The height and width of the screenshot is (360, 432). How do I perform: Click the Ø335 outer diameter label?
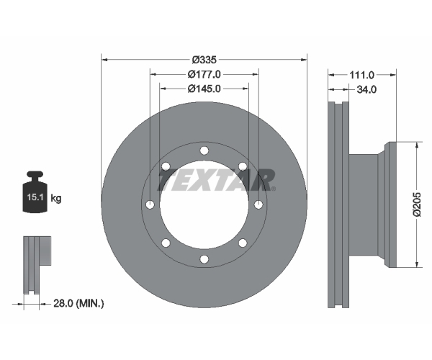(204, 60)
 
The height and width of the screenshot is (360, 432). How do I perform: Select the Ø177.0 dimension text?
(204, 74)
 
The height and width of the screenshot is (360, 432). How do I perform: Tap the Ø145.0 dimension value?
(204, 89)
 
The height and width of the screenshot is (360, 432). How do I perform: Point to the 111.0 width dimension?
(361, 75)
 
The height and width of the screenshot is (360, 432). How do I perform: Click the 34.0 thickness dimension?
(366, 89)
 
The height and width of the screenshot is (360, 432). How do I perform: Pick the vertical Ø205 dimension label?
(417, 204)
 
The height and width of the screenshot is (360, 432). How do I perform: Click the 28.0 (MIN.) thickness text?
(78, 304)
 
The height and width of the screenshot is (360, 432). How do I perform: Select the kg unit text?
(56, 198)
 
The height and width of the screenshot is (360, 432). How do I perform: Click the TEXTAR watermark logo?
(216, 180)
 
